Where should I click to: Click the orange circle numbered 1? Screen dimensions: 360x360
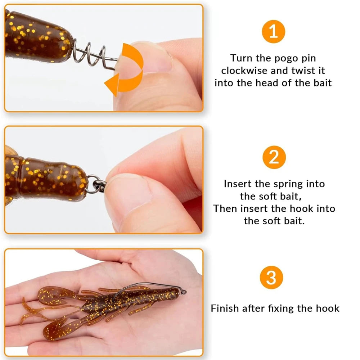[x=273, y=32]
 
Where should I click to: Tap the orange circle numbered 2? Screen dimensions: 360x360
[x=273, y=158]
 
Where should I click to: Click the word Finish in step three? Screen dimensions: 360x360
[x=225, y=308]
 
